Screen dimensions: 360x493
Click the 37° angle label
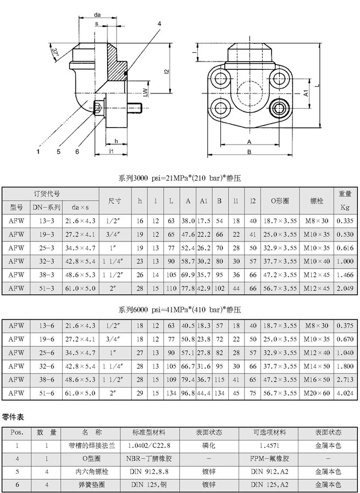pos(56,53)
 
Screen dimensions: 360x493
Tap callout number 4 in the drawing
pos(159,24)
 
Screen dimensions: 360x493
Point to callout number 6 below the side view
pos(77,152)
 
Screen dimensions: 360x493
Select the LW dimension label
pos(145,92)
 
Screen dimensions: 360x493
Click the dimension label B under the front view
pos(250,152)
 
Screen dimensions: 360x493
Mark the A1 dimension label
pos(306,93)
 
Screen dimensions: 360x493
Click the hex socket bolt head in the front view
pos(279,108)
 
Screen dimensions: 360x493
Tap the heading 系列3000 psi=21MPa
pos(180,179)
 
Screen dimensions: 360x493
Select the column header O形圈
pos(280,201)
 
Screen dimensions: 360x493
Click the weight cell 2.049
pos(345,289)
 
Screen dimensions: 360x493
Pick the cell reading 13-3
pos(47,221)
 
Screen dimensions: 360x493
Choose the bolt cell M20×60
pos(317,393)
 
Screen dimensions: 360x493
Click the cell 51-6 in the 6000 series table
pos(47,393)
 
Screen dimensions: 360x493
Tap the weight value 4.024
pos(345,393)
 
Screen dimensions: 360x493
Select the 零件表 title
pos(13,417)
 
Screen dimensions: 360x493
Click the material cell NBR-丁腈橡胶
pos(149,458)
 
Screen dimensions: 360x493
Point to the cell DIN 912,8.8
pos(149,472)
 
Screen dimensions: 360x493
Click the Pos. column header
pos(17,433)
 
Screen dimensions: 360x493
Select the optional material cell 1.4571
pos(269,446)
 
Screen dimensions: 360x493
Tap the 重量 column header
pos(345,194)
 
